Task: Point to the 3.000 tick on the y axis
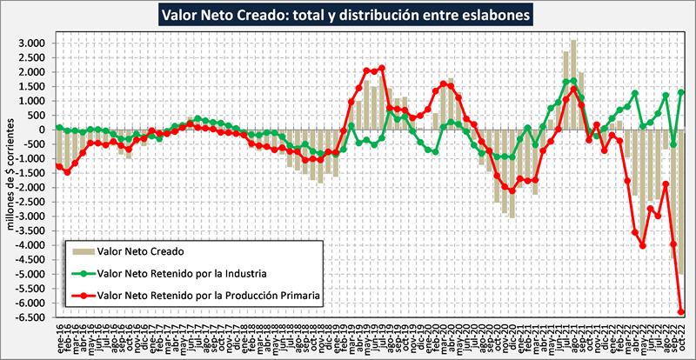coord(30,43)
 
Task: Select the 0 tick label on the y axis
coord(41,130)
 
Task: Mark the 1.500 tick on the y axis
coord(30,86)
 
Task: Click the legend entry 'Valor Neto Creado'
coord(139,251)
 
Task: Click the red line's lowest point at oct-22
coord(681,311)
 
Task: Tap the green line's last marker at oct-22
coord(681,93)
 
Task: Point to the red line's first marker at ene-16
coord(58,166)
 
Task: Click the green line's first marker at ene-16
coord(58,128)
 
